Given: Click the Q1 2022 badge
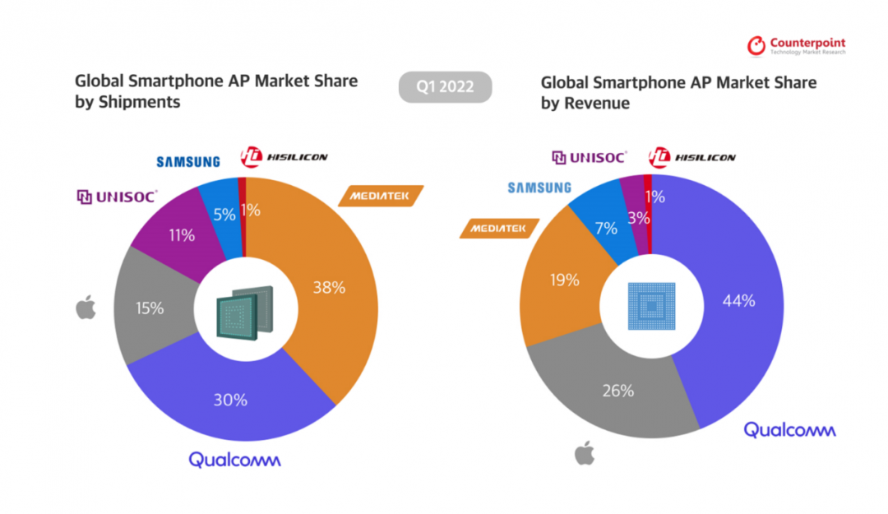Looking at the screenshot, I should click(x=445, y=87).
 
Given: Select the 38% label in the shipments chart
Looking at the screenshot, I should click(x=328, y=288).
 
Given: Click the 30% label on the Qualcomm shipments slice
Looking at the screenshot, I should click(x=230, y=400).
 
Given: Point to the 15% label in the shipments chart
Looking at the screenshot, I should click(x=150, y=308).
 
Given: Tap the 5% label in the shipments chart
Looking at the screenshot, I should click(x=224, y=214).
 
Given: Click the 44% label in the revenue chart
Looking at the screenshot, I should click(x=738, y=301).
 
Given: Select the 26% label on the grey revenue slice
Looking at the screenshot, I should click(x=617, y=391).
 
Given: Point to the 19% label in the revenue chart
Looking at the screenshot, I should click(x=563, y=279).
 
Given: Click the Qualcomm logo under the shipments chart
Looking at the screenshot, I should click(x=234, y=459).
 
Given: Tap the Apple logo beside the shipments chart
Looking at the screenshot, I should click(x=86, y=308).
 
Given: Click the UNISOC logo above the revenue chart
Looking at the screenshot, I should click(x=589, y=156).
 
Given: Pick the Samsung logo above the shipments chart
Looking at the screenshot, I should click(x=188, y=162).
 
